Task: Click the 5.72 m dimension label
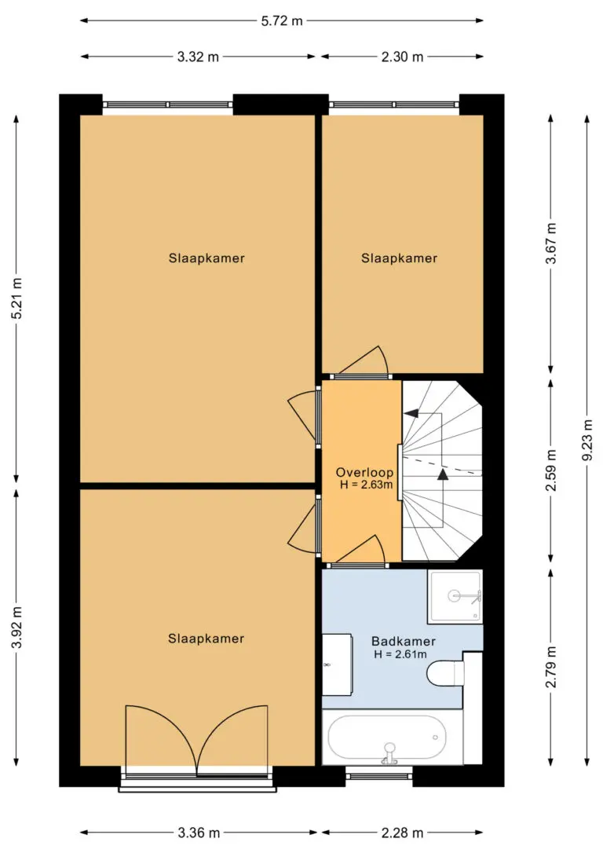click(282, 21)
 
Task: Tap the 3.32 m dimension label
click(198, 57)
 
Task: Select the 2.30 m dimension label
click(402, 57)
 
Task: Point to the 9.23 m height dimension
click(587, 440)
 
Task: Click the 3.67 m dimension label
click(551, 243)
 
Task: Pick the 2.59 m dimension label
click(551, 470)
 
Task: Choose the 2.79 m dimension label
click(551, 667)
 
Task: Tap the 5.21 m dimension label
click(17, 298)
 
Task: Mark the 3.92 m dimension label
click(17, 628)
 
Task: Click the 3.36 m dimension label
click(199, 833)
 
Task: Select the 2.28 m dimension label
click(402, 833)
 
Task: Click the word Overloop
click(364, 472)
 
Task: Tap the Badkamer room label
click(404, 642)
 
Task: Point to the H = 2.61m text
click(400, 654)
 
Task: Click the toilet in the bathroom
click(446, 673)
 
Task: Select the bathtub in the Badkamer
click(387, 738)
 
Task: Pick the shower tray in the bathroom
click(455, 597)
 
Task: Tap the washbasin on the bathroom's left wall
click(337, 664)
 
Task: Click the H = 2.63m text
click(366, 484)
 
